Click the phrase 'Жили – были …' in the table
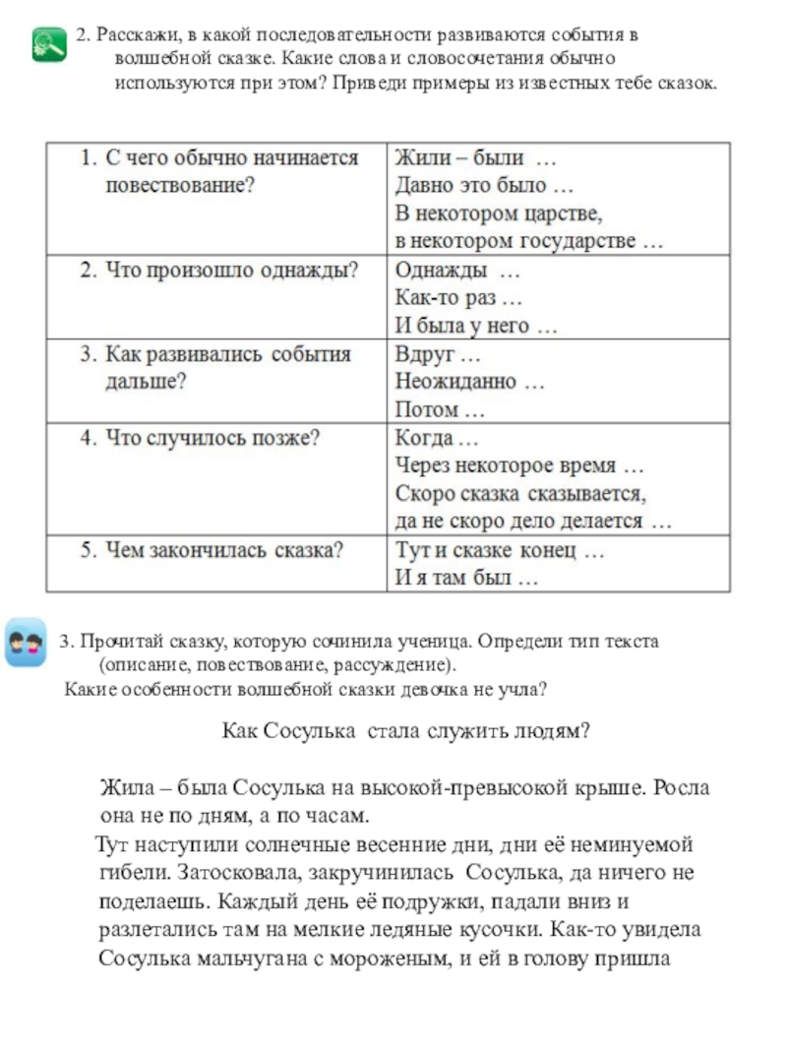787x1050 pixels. pyautogui.click(x=475, y=157)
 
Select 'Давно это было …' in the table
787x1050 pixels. pyautogui.click(x=483, y=184)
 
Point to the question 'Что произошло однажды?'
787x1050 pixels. pyautogui.click(x=217, y=270)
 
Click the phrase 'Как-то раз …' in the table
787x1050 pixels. pyautogui.click(x=458, y=297)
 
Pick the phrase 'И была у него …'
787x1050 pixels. pyautogui.click(x=476, y=326)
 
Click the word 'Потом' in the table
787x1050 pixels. pyautogui.click(x=427, y=409)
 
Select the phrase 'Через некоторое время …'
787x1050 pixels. pyautogui.click(x=518, y=465)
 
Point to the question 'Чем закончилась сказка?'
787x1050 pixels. pyautogui.click(x=211, y=551)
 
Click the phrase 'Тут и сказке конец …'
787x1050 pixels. pyautogui.click(x=499, y=551)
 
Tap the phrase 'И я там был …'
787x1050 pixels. pyautogui.click(x=466, y=580)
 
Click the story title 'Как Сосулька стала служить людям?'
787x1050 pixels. pyautogui.click(x=405, y=731)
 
